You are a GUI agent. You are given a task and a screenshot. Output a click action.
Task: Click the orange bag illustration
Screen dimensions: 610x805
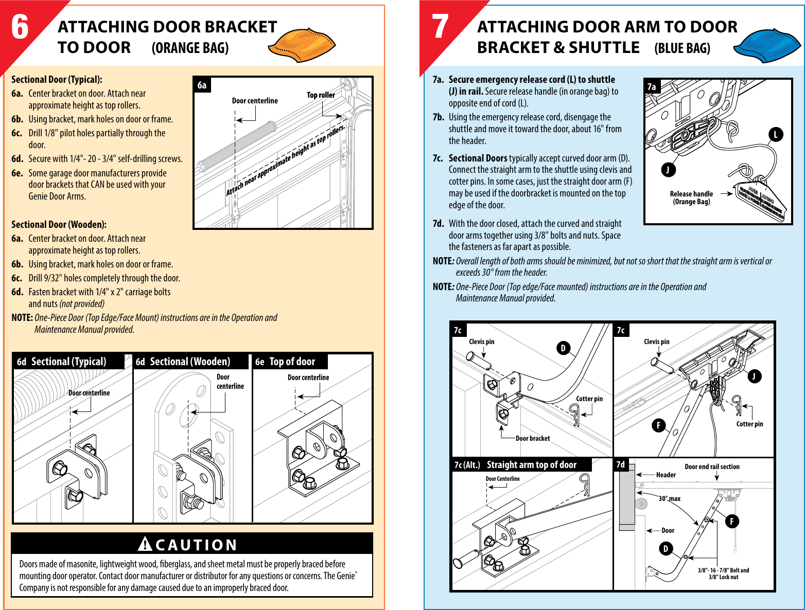tap(302, 44)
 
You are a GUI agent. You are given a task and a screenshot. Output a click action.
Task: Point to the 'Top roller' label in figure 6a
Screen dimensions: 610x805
tap(321, 95)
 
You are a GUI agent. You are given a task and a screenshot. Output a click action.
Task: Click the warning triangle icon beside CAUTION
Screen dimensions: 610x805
tap(145, 544)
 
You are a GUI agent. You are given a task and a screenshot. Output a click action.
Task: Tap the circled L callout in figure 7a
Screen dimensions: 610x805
tap(776, 135)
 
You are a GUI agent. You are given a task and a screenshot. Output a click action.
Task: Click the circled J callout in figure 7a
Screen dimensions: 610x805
tap(668, 170)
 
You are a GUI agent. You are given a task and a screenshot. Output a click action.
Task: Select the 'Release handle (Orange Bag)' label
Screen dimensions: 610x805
tap(691, 198)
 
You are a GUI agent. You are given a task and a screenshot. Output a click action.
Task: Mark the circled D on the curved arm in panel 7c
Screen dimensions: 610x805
tap(563, 348)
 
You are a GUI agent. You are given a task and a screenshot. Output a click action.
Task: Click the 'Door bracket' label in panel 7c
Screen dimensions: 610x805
tap(533, 438)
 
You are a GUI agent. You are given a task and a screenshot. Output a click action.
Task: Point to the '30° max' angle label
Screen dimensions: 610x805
tap(670, 498)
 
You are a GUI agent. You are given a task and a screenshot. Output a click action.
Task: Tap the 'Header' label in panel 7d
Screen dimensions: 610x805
tap(666, 475)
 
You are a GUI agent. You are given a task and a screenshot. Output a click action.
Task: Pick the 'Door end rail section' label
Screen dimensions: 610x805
tap(712, 467)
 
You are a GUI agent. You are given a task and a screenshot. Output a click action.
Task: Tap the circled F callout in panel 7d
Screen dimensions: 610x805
tap(731, 521)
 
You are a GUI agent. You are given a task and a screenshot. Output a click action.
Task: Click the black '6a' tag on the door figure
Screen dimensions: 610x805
tap(202, 85)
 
